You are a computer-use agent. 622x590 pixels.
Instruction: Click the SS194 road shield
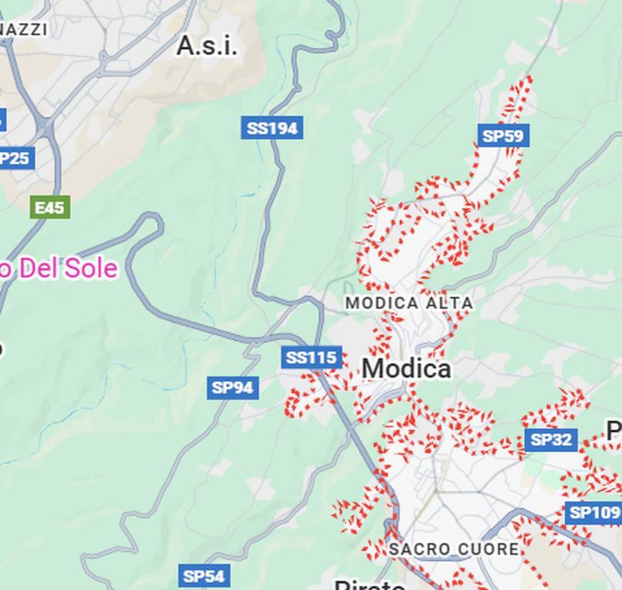[x=272, y=128]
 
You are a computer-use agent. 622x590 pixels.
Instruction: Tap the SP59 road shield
[x=503, y=136]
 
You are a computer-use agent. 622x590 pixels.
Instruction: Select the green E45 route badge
[x=51, y=207]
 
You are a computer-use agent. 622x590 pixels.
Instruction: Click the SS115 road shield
[x=311, y=357]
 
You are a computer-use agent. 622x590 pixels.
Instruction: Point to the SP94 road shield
[x=233, y=387]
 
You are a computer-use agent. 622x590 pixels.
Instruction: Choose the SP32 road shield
[x=551, y=439]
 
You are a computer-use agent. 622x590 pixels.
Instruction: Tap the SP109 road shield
[x=594, y=512]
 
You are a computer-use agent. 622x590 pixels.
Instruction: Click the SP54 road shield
[x=203, y=575]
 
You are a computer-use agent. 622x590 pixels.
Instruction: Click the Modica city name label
[x=406, y=369]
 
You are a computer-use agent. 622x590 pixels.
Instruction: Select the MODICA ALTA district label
[x=409, y=303]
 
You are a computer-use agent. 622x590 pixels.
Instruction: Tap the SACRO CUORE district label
[x=454, y=549]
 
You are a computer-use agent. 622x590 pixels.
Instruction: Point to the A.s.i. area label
[x=207, y=46]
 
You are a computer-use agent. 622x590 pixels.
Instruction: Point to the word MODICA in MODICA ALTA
[x=382, y=303]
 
